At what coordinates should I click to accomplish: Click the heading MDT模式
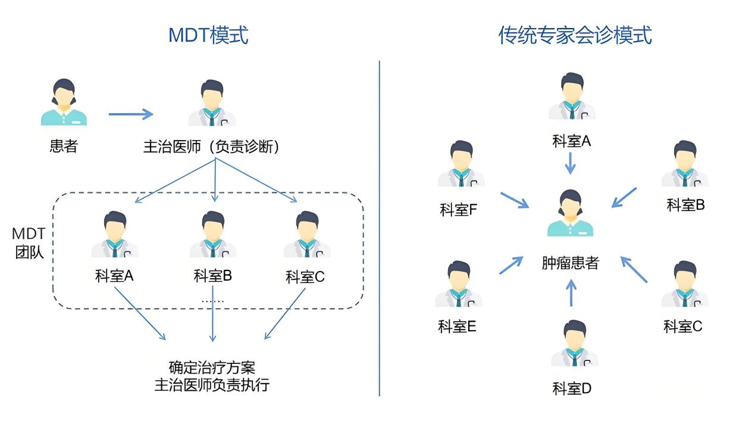tap(208, 35)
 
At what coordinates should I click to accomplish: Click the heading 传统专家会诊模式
tap(575, 35)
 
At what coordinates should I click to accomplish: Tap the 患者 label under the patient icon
tap(64, 146)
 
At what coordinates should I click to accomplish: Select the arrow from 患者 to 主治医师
tap(130, 114)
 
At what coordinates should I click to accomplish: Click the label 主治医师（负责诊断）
tap(212, 147)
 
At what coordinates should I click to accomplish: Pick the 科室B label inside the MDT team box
tap(212, 276)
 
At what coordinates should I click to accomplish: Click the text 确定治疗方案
tap(212, 367)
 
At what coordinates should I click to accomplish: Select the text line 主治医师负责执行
tap(212, 385)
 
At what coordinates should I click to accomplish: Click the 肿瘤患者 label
tap(570, 263)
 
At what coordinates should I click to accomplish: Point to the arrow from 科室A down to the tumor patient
tap(570, 163)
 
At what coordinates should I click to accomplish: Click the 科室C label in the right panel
tap(683, 326)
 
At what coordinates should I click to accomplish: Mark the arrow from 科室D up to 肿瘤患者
tap(571, 293)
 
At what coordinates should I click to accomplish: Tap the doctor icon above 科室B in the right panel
tap(685, 164)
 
